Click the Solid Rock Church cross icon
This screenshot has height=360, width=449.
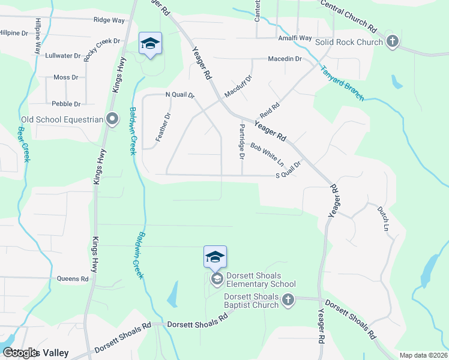(392, 42)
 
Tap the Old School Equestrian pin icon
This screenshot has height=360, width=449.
(112, 119)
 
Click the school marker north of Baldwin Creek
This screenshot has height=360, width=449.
(150, 43)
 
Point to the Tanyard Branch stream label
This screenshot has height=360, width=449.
(342, 83)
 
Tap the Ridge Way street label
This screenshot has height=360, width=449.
(109, 20)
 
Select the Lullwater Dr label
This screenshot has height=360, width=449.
(62, 56)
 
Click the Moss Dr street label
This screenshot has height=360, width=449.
(66, 77)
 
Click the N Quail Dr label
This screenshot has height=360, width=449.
(180, 95)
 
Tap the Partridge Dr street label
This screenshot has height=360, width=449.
(242, 142)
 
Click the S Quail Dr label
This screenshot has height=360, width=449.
(287, 171)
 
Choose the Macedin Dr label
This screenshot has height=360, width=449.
(285, 59)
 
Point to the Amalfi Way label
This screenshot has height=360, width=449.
(294, 38)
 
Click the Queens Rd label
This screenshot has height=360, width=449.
(73, 278)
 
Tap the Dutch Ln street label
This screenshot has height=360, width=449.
(383, 220)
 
